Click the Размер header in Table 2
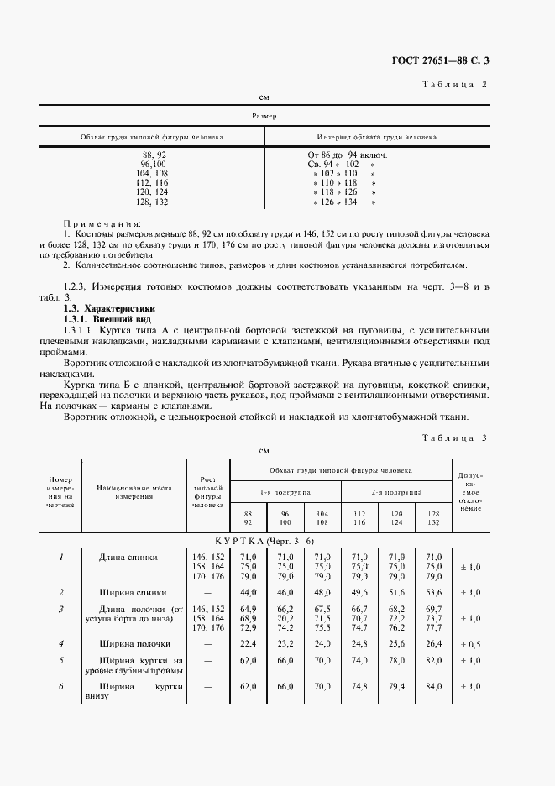264,116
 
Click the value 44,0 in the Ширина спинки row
248,593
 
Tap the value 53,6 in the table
433,593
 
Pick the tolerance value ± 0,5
470,644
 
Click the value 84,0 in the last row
433,687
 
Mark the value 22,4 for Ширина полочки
248,644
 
